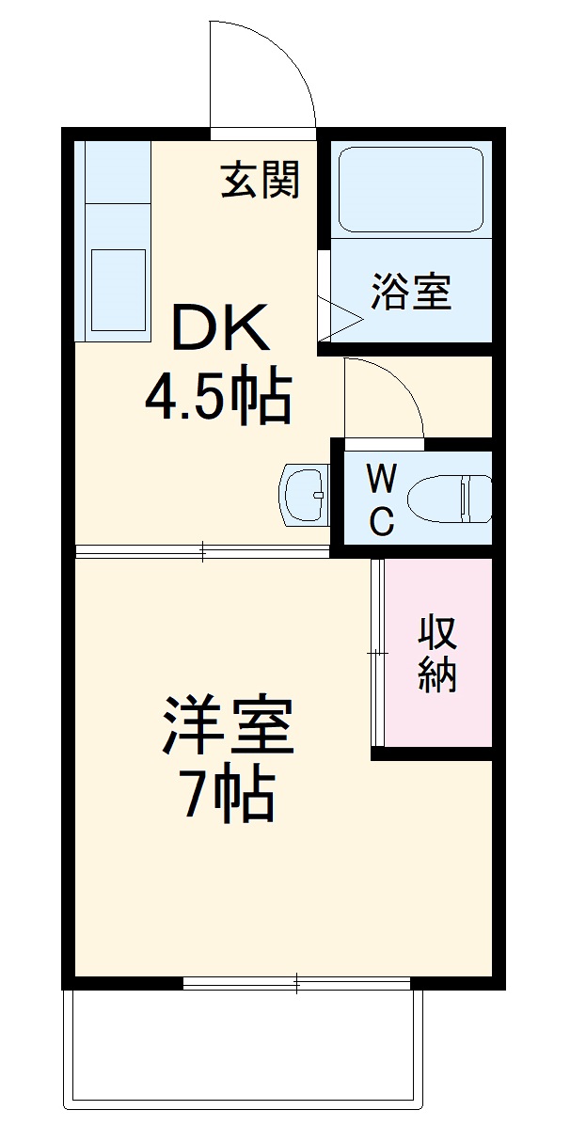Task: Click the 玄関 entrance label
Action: click(x=261, y=180)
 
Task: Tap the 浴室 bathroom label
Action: click(x=411, y=292)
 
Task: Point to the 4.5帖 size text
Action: click(x=217, y=398)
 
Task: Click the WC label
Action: click(x=381, y=500)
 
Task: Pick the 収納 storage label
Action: click(x=437, y=653)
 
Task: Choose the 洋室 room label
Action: click(x=229, y=724)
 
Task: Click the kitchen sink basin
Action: click(x=118, y=287)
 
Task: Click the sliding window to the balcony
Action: click(x=296, y=984)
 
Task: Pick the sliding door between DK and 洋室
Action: click(x=202, y=551)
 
